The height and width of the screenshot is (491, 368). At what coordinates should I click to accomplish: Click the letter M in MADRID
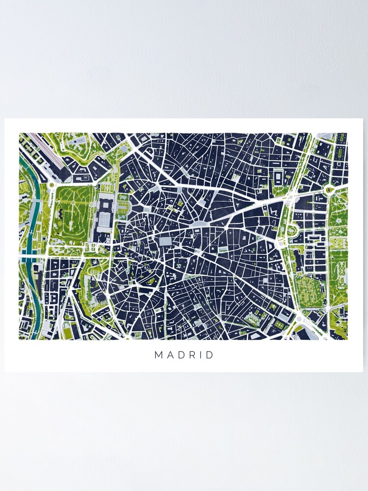point(158,355)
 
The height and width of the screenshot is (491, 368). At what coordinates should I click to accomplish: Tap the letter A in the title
point(170,355)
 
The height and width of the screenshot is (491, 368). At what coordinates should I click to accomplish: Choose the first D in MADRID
point(181,355)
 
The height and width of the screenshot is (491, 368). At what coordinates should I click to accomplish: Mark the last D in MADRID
point(211,355)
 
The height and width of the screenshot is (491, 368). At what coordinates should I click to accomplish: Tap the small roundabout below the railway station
point(51,185)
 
